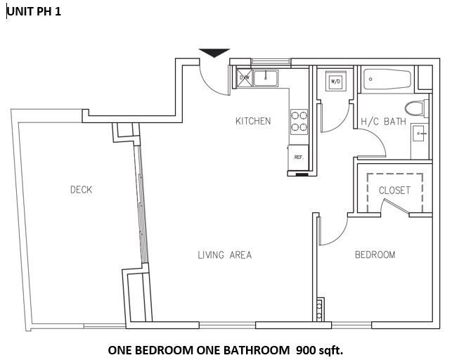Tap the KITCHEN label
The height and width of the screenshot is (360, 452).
252,121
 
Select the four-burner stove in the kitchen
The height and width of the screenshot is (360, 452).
299,122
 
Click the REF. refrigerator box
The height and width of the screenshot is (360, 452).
298,157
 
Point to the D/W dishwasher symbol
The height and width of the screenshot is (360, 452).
244,78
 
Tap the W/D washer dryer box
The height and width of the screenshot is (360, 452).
335,82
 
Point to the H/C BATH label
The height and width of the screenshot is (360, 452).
383,122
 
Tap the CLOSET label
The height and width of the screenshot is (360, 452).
394,191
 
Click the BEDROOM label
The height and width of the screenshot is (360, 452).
374,255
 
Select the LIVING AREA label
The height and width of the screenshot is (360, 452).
224,255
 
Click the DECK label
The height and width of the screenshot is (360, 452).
81,189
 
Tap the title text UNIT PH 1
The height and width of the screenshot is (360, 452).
34,12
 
